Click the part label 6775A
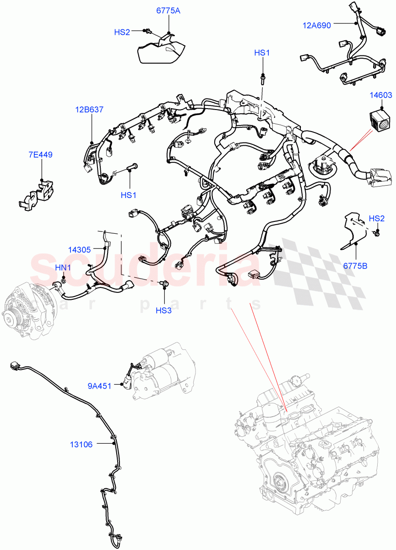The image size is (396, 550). (x=168, y=11)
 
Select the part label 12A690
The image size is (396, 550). (x=316, y=26)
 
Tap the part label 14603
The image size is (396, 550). (x=381, y=95)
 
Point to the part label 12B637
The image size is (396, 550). (x=90, y=110)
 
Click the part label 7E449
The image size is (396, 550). (x=40, y=155)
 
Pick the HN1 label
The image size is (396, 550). (x=63, y=267)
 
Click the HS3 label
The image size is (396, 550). (x=163, y=310)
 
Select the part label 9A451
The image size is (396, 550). (x=100, y=386)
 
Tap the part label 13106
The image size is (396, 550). (x=81, y=444)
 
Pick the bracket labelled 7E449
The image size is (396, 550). (x=37, y=193)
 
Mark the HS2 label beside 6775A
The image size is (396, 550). (x=122, y=32)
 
